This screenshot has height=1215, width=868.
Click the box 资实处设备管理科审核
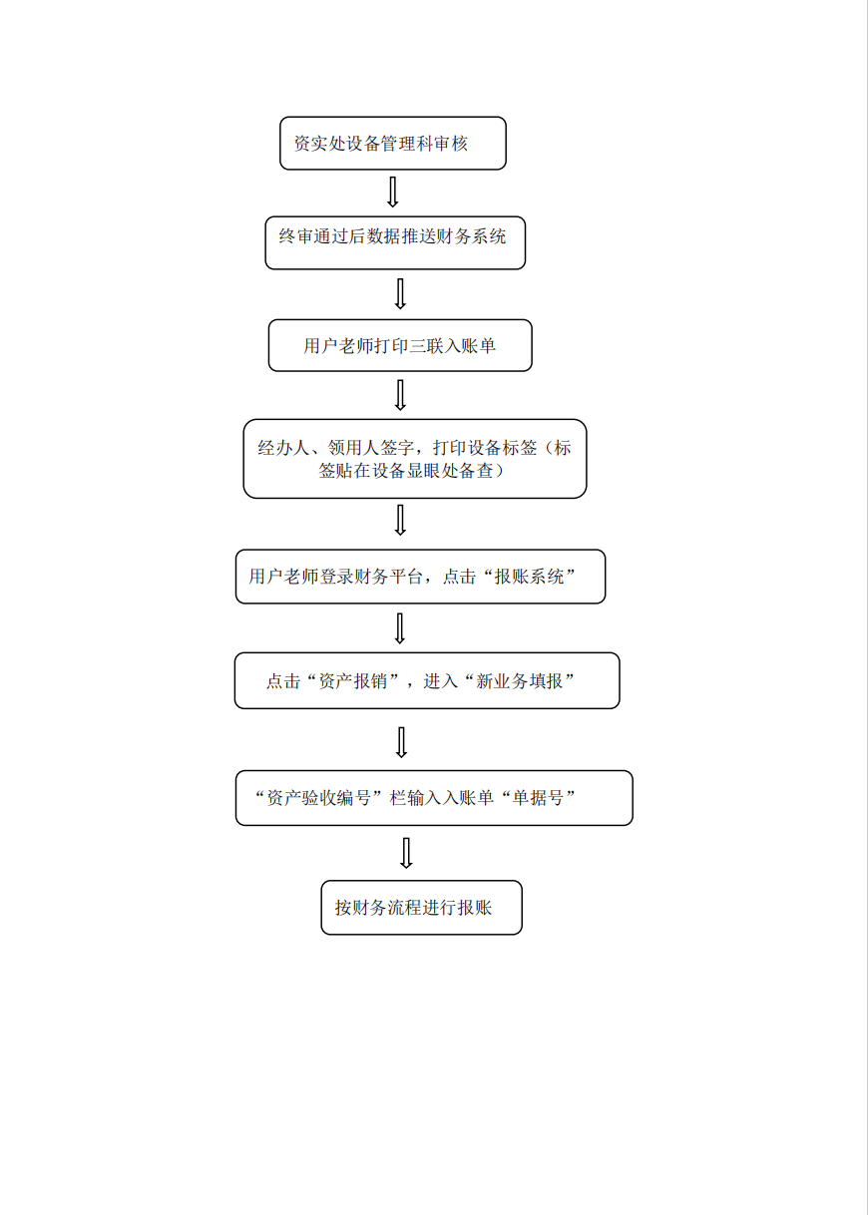click(393, 144)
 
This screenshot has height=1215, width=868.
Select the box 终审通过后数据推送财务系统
click(395, 243)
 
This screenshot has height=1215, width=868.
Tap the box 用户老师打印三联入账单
click(400, 345)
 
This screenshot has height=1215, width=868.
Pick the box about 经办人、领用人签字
click(414, 459)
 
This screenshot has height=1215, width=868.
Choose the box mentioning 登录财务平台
click(420, 577)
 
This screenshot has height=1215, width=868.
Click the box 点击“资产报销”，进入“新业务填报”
click(427, 680)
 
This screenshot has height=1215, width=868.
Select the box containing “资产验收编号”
click(434, 798)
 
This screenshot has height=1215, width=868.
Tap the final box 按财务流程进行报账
click(421, 908)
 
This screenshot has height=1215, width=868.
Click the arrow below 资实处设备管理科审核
click(393, 192)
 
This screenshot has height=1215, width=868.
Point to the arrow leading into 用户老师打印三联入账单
click(400, 294)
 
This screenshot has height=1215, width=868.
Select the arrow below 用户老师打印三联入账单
click(400, 395)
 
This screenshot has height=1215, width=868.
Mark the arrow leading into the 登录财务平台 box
click(400, 520)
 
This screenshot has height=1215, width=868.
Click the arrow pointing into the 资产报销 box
click(400, 628)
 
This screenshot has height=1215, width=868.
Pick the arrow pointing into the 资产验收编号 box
click(401, 742)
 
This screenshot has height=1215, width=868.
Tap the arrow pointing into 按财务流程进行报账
click(406, 853)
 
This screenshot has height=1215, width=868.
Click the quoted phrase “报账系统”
click(529, 577)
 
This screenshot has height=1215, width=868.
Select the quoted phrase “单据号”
click(538, 798)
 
